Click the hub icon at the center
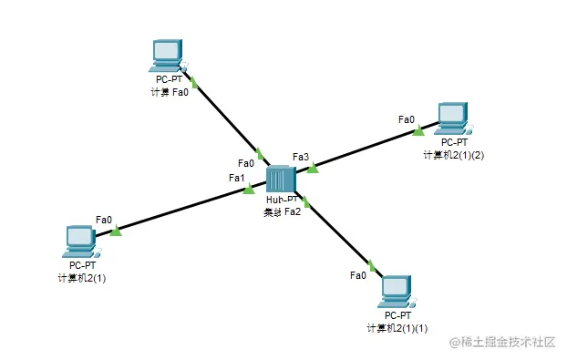pyautogui.click(x=280, y=180)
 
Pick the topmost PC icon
pyautogui.click(x=168, y=56)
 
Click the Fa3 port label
pyautogui.click(x=301, y=157)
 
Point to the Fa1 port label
pyautogui.click(x=237, y=178)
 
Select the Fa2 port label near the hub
pyautogui.click(x=293, y=211)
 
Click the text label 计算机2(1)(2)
pyautogui.click(x=453, y=155)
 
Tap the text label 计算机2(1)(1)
pyautogui.click(x=397, y=327)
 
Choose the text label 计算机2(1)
pyautogui.click(x=81, y=277)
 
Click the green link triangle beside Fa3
pyautogui.click(x=313, y=168)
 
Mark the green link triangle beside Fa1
pyautogui.click(x=249, y=189)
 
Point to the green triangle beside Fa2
pyautogui.click(x=307, y=201)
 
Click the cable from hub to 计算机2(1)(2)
pyautogui.click(x=365, y=149)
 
